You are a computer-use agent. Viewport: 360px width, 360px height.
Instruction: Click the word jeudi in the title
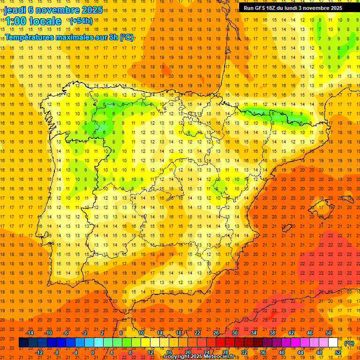click(15, 9)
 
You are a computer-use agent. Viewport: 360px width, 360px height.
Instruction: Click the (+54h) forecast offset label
click(81, 21)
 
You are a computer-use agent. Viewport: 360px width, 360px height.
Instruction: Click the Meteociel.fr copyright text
click(216, 357)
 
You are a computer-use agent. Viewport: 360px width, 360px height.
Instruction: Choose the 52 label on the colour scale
click(338, 352)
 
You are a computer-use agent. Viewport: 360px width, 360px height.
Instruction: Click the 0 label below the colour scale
click(93, 352)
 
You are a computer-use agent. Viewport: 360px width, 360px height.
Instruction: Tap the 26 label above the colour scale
click(216, 333)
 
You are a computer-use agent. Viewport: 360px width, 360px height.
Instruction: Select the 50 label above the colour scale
click(328, 333)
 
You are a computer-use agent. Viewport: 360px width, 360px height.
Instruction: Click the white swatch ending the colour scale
click(333, 343)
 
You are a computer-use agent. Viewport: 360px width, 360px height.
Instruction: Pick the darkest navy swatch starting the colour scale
click(23, 343)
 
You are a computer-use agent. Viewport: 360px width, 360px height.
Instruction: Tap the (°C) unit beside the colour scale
click(349, 343)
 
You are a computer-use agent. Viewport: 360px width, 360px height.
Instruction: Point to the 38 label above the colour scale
click(272, 333)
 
